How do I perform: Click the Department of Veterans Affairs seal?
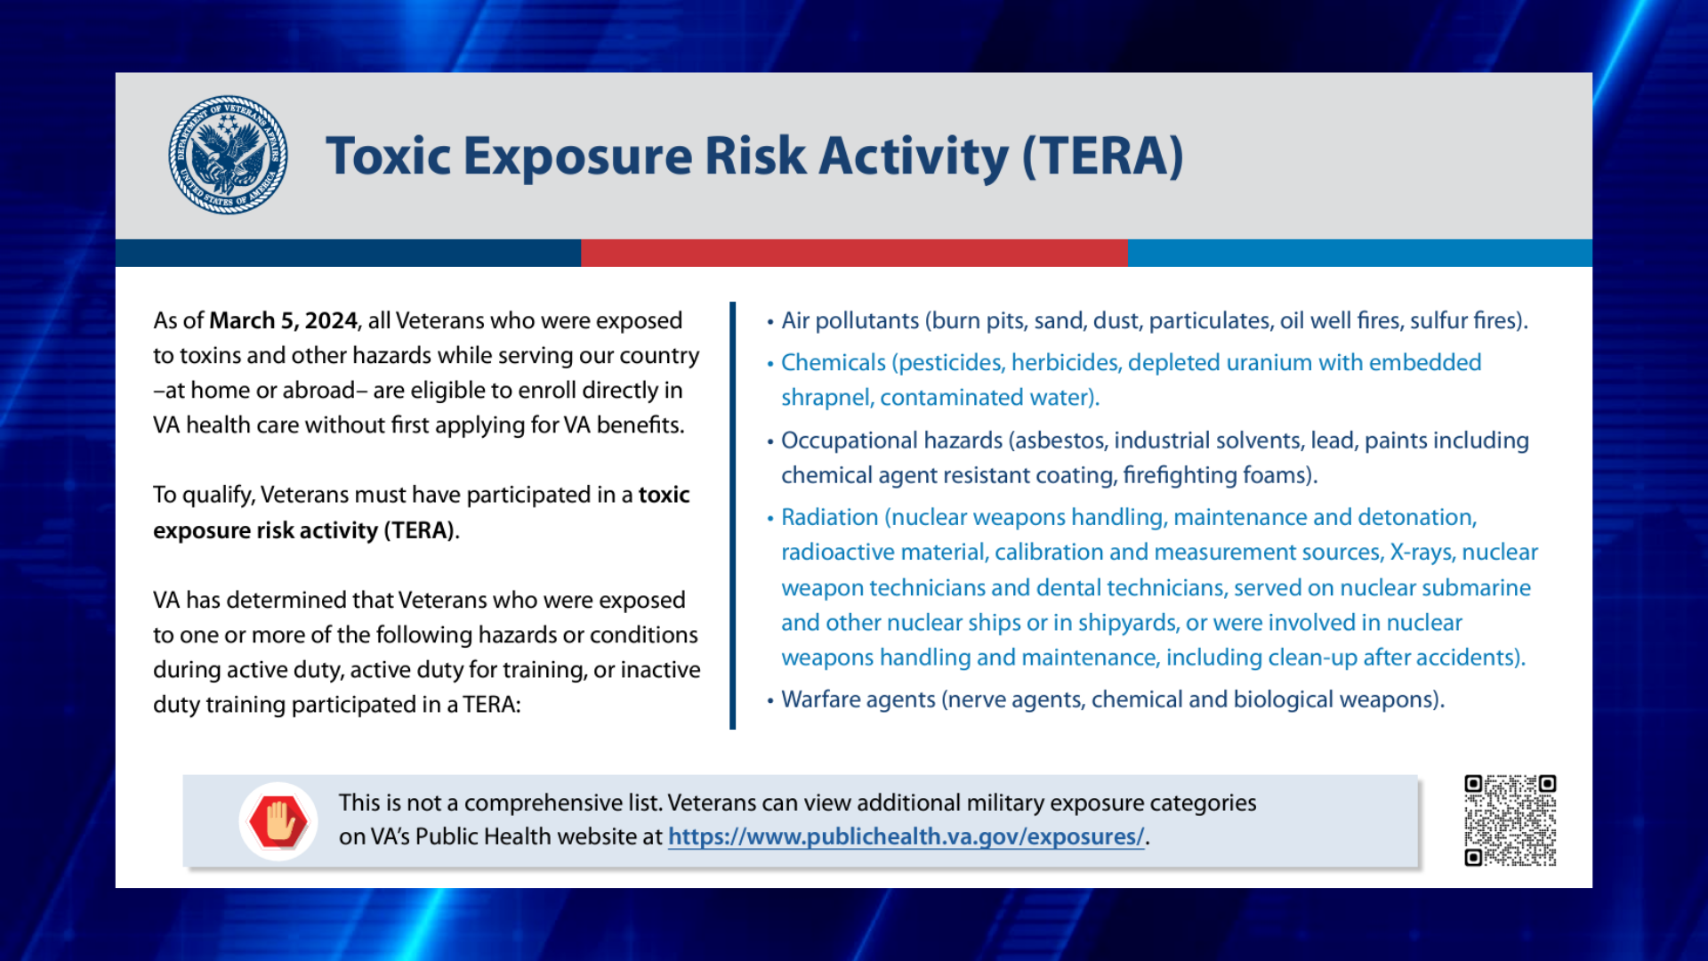point(228,155)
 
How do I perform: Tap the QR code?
point(1510,820)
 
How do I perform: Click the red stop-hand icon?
point(278,821)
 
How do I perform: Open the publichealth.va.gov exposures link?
point(906,837)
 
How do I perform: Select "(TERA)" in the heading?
point(1103,157)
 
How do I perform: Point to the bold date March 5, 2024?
point(283,320)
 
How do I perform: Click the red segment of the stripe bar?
point(854,253)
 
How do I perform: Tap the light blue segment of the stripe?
point(1360,253)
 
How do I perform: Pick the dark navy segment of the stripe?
point(348,253)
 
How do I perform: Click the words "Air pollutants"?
point(850,321)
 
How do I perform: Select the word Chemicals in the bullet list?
point(834,363)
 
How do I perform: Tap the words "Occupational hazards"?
point(891,440)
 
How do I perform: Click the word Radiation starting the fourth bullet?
point(830,517)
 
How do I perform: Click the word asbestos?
point(1059,440)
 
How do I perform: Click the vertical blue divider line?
point(733,516)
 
